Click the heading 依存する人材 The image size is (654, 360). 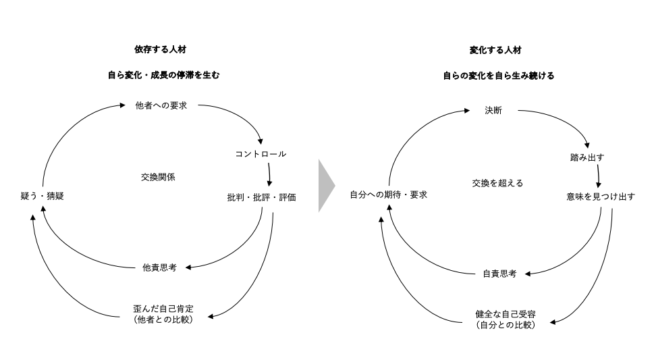[x=160, y=49]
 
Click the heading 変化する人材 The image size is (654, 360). [x=495, y=50]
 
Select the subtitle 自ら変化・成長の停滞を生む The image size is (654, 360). [x=163, y=75]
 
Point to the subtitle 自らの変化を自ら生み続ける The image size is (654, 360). [x=498, y=76]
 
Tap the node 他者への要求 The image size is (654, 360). [x=161, y=105]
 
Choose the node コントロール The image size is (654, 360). [x=261, y=154]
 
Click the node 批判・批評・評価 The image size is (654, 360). [x=261, y=197]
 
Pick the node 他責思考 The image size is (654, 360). [x=160, y=267]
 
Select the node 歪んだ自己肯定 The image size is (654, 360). [x=163, y=309]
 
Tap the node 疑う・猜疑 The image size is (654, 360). [x=42, y=196]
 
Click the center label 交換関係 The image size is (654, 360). [x=158, y=177]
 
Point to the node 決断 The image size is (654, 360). [x=493, y=110]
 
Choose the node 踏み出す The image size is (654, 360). [x=587, y=157]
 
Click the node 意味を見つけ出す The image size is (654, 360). [x=601, y=197]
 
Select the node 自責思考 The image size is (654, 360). [x=499, y=274]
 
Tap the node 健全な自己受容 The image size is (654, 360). [x=506, y=314]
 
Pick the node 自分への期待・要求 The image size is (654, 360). [x=388, y=195]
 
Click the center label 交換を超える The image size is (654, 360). [x=497, y=183]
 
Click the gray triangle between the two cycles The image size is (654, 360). [x=325, y=186]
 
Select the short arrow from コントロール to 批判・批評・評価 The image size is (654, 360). [x=269, y=174]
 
